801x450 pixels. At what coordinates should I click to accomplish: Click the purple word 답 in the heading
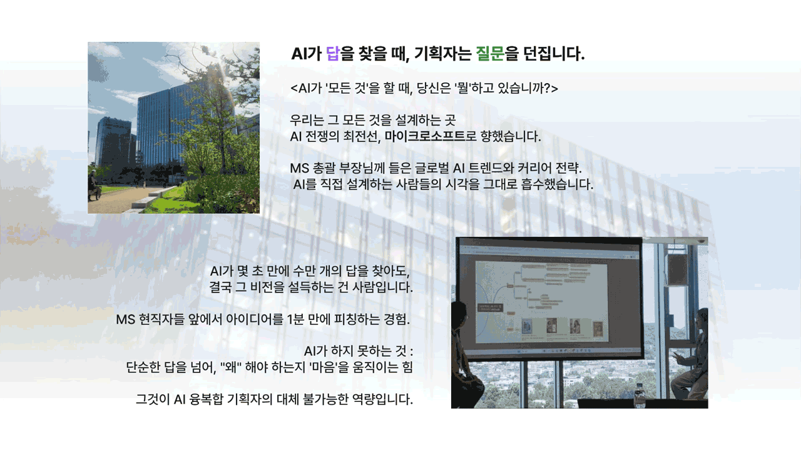332,54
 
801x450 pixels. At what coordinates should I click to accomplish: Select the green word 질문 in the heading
490,54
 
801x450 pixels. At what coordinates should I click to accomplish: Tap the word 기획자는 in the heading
443,54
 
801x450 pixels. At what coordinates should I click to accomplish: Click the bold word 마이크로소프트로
431,136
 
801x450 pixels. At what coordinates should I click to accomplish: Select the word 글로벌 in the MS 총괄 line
432,168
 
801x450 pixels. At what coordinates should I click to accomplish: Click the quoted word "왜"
231,367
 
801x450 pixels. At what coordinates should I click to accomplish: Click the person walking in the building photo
93,185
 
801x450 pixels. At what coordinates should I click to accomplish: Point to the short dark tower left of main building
114,142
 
